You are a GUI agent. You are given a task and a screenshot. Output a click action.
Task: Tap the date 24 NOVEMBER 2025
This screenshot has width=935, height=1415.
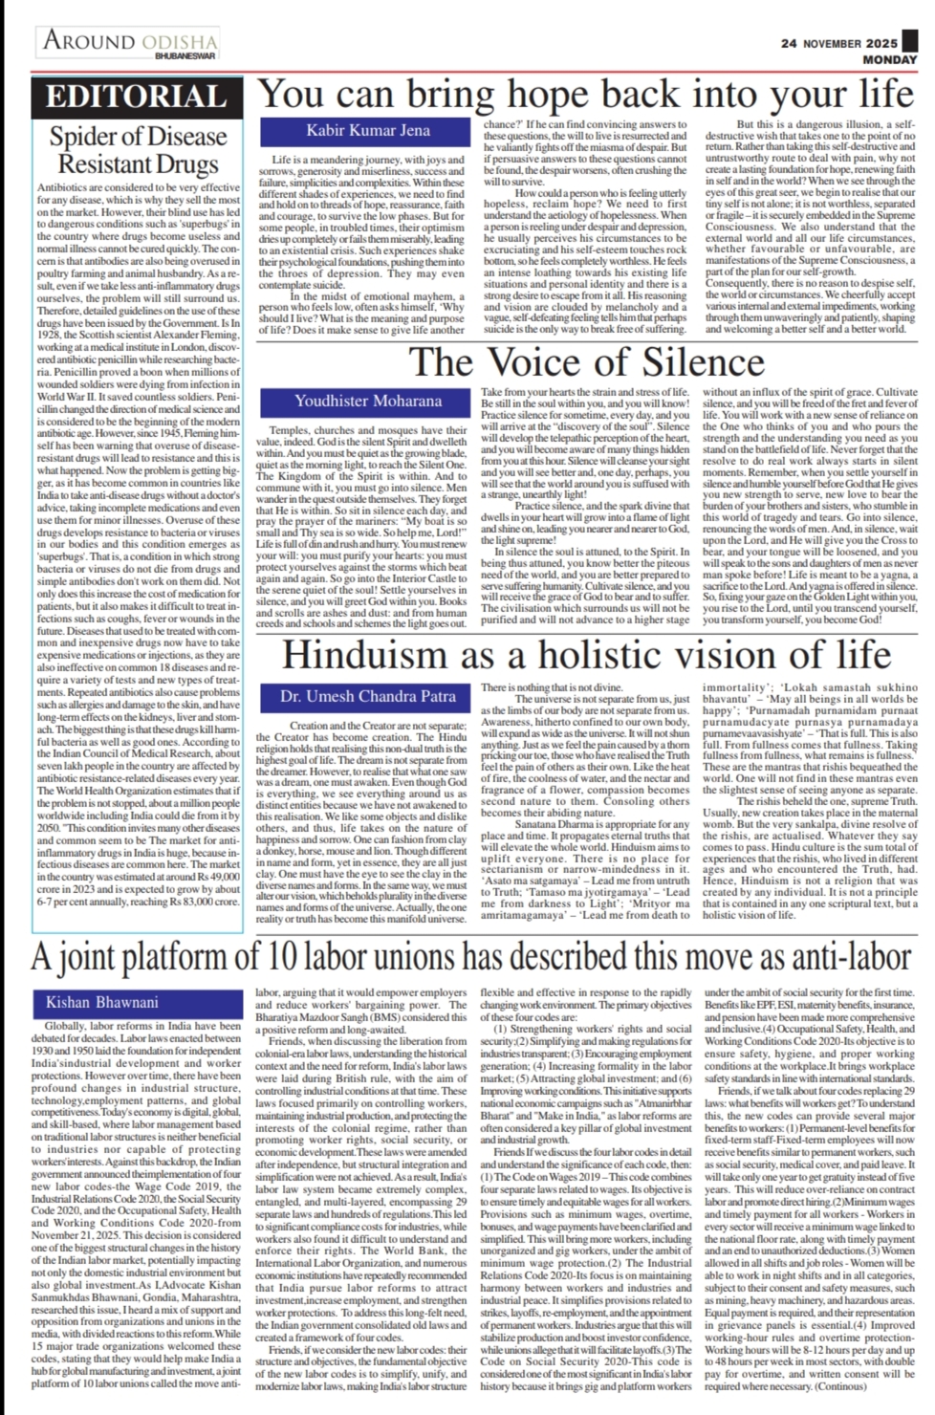pos(839,43)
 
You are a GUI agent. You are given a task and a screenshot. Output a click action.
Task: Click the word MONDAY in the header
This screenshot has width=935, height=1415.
pos(870,59)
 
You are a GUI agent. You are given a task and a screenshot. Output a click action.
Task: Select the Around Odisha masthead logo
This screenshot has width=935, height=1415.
pos(129,43)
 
